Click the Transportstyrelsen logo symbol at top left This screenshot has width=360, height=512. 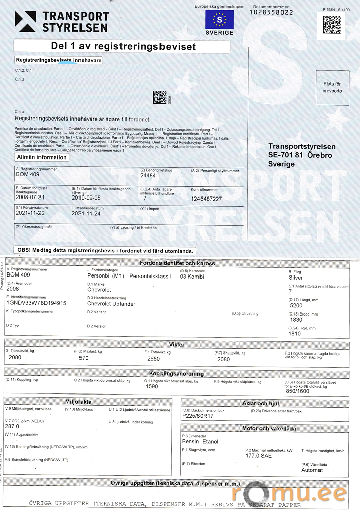pos(25,21)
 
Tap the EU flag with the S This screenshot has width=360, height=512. pos(219,20)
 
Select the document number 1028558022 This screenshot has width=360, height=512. pos(271,12)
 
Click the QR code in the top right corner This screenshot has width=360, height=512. pos(332,24)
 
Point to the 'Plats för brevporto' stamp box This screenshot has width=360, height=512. pos(332,87)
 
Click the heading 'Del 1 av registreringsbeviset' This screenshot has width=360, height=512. pos(123,46)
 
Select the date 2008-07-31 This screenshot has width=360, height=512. pos(30,198)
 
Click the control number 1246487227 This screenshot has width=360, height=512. pos(207,199)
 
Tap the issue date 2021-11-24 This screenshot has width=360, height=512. pos(86,214)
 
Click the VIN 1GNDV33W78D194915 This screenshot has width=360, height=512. pos(36,303)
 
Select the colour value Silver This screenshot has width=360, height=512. pos(295,278)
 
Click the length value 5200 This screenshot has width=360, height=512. pos(296,305)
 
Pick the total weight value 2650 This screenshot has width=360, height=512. pos(154,358)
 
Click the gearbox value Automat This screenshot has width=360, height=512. pos(312,470)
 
